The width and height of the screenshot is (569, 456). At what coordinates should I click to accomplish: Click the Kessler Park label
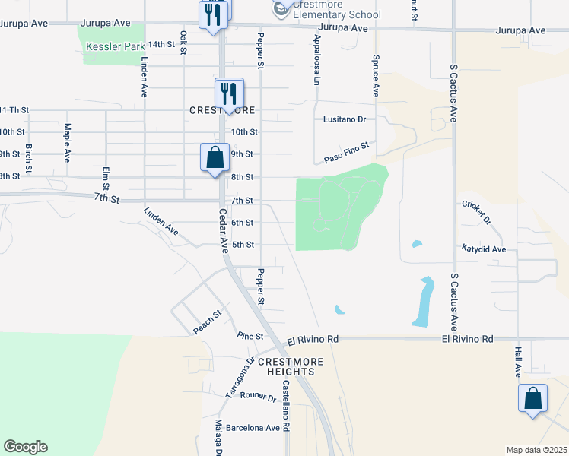(x=116, y=46)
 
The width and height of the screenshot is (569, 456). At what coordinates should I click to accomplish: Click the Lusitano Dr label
(x=345, y=119)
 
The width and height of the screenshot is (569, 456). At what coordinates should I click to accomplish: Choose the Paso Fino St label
(x=346, y=151)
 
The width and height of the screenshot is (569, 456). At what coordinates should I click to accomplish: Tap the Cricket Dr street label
(x=476, y=212)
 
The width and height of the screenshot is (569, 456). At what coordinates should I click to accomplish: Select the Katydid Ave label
(x=483, y=249)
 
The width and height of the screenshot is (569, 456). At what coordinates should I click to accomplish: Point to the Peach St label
(x=206, y=321)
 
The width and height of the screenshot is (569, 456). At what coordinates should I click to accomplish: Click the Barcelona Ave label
(x=253, y=427)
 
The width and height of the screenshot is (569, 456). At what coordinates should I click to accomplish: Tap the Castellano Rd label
(x=285, y=407)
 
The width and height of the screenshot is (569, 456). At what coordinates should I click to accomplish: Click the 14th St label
(x=161, y=45)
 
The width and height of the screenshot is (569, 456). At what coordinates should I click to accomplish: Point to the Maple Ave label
(x=67, y=143)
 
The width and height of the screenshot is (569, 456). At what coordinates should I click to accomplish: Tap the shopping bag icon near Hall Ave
(x=533, y=398)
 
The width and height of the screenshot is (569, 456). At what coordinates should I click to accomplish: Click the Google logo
(x=25, y=447)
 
